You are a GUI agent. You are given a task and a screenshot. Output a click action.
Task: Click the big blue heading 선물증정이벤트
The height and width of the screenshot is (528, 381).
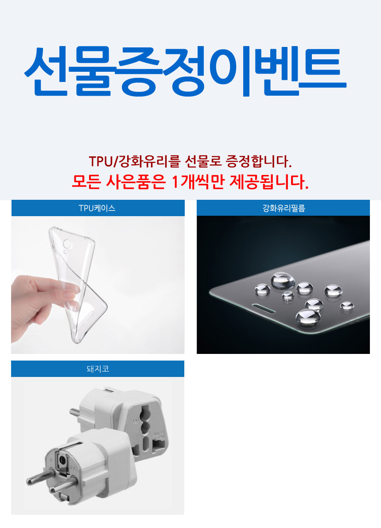pos(185,71)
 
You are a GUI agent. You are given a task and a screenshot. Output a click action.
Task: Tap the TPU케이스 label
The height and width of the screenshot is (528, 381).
pos(97,209)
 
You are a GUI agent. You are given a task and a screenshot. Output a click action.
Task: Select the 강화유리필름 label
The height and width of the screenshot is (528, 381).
pos(284,209)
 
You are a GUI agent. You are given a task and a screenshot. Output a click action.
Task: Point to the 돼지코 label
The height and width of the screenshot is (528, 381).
pos(98,369)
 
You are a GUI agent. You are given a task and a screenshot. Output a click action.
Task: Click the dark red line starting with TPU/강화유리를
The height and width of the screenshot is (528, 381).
pos(190,161)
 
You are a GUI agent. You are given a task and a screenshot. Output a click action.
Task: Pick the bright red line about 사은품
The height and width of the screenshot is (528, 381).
pos(190,182)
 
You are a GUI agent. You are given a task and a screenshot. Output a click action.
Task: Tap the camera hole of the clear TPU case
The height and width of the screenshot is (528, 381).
pos(67,243)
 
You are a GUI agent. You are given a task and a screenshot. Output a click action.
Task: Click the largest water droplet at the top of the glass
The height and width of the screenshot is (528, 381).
pos(283,280)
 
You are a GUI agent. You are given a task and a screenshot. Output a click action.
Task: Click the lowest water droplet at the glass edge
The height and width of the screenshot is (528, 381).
pos(308,318)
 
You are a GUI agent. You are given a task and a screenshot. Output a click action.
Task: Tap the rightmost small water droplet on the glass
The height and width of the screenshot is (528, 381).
pos(346,306)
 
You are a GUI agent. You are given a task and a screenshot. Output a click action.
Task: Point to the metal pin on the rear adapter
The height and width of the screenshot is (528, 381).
pos(75,412)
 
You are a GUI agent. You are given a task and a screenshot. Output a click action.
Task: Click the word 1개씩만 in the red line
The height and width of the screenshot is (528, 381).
pos(198,182)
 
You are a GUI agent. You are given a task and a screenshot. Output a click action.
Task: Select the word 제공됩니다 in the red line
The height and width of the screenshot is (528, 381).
pos(269,182)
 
